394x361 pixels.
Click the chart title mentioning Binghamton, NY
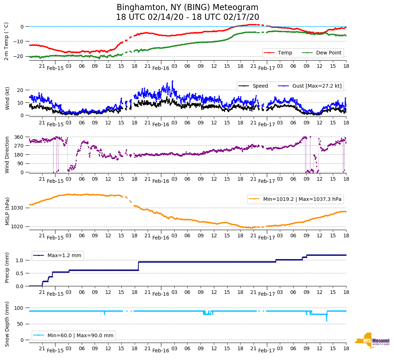187,12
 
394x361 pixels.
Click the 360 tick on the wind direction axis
19,137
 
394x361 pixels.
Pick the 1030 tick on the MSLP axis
18,208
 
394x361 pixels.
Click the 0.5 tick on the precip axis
21,273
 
